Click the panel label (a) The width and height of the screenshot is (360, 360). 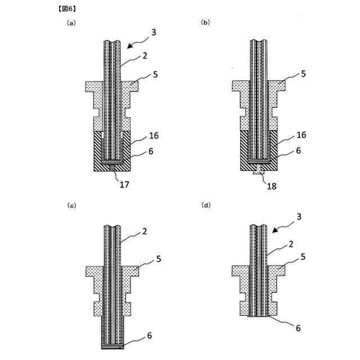tap(71, 23)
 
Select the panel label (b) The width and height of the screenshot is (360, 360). tap(205, 23)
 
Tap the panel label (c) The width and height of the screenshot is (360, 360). tap(71, 206)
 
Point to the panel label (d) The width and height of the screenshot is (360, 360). tap(205, 206)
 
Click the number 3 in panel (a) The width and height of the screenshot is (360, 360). tap(154, 33)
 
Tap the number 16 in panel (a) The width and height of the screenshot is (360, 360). tap(154, 136)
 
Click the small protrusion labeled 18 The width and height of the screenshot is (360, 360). tap(259, 170)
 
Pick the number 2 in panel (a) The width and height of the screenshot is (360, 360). tap(145, 56)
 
